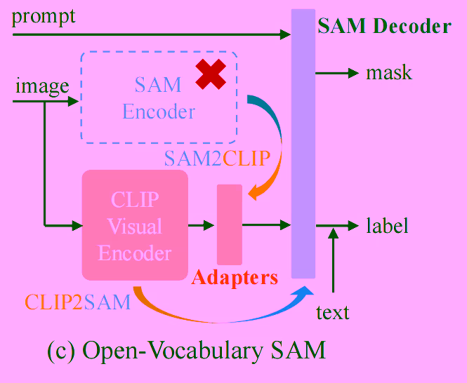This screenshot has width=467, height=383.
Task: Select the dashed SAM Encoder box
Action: (159, 98)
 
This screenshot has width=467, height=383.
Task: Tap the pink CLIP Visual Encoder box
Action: (135, 226)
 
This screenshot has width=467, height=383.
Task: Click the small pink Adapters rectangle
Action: (230, 224)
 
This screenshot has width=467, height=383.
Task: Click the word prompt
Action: (44, 17)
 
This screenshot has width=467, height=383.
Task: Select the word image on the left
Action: (42, 86)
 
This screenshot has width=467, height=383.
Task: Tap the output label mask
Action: (389, 73)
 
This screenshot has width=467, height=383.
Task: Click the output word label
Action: (387, 226)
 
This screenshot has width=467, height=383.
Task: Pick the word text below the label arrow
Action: (333, 312)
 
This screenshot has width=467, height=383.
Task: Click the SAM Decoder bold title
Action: (384, 27)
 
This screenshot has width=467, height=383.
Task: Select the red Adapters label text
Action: (235, 277)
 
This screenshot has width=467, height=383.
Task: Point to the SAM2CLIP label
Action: (217, 158)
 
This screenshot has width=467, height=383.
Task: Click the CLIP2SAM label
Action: (77, 302)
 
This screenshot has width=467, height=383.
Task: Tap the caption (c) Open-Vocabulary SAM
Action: (186, 350)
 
